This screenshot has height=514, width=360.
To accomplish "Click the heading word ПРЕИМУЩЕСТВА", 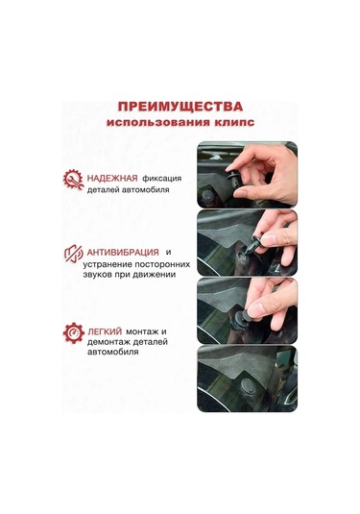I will coord(180,107).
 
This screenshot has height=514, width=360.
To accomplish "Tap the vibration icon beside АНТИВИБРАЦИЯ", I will coord(73,256).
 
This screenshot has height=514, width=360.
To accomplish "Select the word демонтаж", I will coord(112,342).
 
